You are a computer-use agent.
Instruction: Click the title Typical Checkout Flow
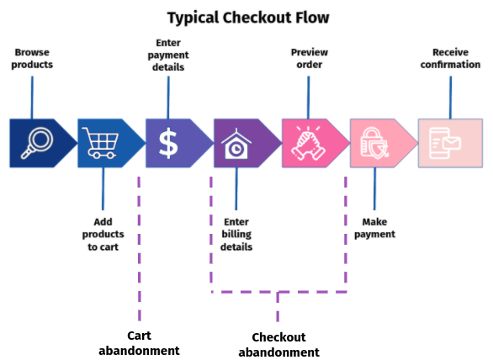(x=247, y=18)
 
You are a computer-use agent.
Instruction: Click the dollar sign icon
(x=168, y=143)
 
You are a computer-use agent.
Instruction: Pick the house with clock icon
(x=236, y=144)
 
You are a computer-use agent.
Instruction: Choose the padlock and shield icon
(x=373, y=144)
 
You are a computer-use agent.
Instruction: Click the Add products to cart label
(x=103, y=235)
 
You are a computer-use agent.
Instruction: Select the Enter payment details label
(x=169, y=55)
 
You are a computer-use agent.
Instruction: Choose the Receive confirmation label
(x=450, y=58)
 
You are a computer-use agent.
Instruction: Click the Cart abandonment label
(x=139, y=342)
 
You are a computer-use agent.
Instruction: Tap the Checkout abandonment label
(x=278, y=344)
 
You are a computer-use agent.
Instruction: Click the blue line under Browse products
(x=32, y=97)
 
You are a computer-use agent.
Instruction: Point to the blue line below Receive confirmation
(x=450, y=97)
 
